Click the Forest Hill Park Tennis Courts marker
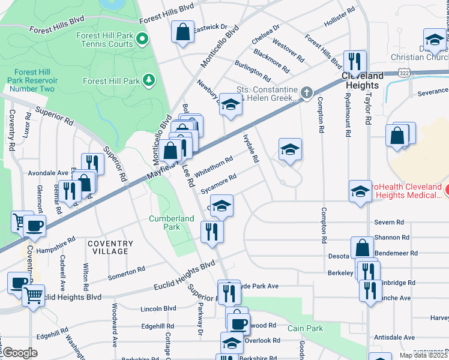pos(142,40)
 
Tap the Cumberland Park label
pos(164,223)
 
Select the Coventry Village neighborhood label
pos(110,247)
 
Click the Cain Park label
pos(305,328)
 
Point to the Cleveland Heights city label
pos(363,80)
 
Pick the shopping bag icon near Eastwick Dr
pos(182,31)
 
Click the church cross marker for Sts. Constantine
pos(307,92)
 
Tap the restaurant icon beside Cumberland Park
pos(211,231)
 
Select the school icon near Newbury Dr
pos(229,104)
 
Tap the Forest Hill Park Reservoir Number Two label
pos(31,80)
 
